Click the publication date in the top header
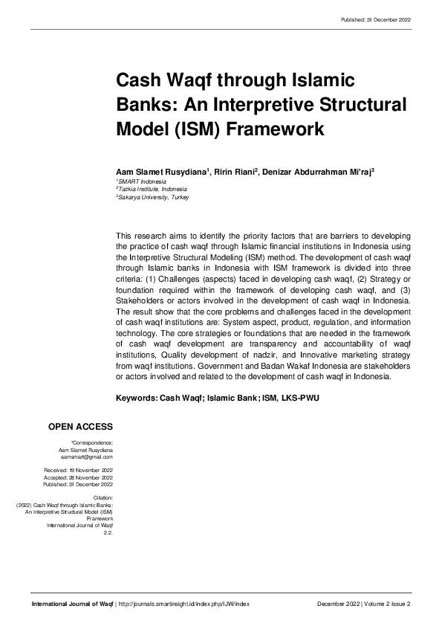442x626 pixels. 376,19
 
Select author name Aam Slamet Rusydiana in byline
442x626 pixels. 160,171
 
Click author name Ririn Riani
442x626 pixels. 234,171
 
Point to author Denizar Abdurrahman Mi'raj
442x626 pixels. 317,171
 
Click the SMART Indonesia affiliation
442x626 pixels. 143,181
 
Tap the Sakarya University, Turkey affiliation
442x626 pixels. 154,198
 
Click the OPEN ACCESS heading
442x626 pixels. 80,427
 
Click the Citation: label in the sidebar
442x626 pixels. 102,497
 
